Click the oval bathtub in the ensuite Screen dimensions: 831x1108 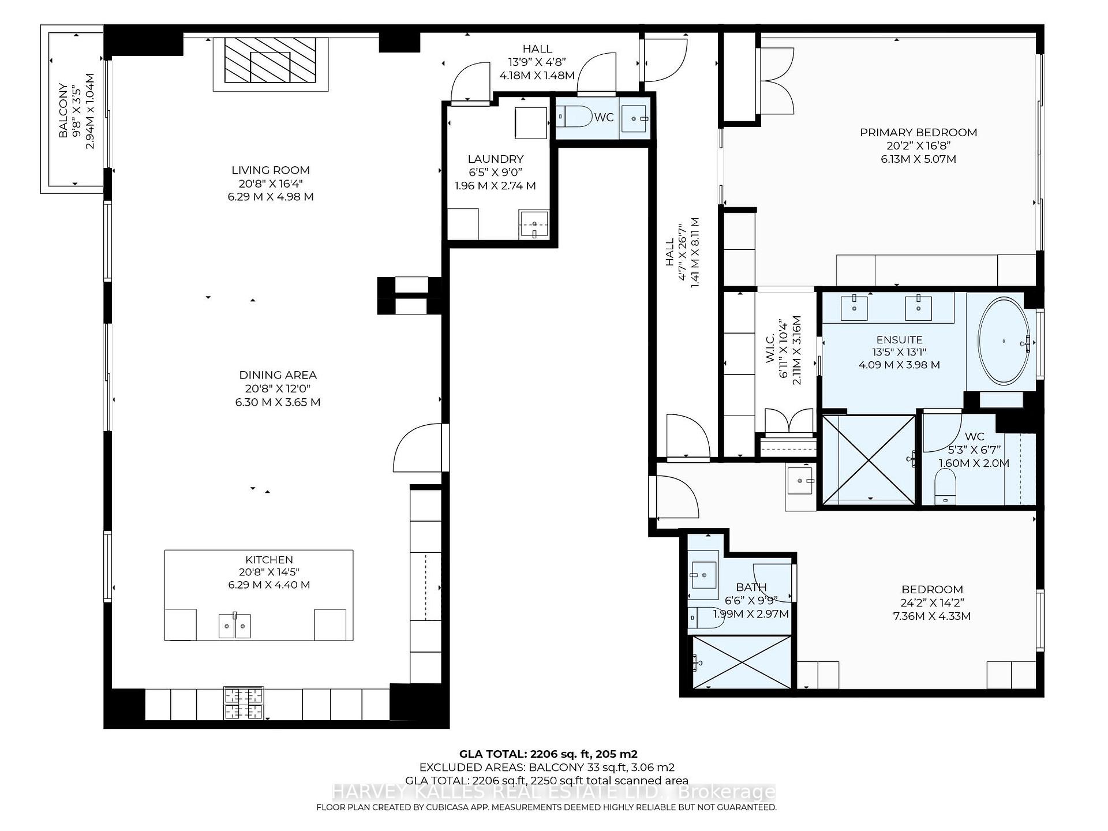1004,342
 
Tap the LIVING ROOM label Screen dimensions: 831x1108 271,170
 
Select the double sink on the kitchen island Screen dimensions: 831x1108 235,626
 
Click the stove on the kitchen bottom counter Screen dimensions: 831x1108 244,703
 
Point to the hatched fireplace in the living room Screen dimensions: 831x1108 270,60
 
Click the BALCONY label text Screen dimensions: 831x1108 63,110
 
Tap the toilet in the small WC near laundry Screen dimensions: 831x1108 574,117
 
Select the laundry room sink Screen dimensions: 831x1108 534,224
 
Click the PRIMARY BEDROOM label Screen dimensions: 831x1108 918,133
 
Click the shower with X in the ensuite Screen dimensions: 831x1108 869,459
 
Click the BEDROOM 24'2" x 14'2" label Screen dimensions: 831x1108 932,589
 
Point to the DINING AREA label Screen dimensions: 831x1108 278,375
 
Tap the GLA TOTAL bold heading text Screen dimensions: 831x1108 548,754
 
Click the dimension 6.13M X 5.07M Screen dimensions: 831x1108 918,159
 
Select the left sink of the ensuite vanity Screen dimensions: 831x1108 854,307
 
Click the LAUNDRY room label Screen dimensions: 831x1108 495,159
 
